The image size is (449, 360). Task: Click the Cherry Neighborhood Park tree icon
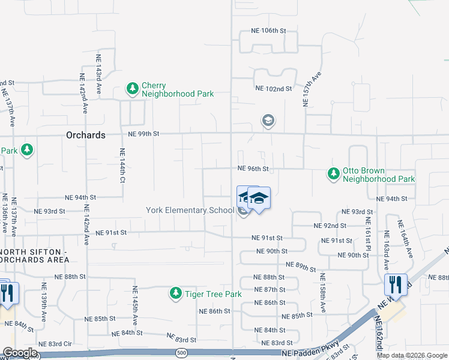132,89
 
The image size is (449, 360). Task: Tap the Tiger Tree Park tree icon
175,294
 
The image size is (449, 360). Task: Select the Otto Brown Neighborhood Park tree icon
333,175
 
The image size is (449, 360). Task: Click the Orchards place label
85,135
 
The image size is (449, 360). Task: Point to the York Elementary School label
190,210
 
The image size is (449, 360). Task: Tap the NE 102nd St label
273,88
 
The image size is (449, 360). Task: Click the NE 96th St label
252,169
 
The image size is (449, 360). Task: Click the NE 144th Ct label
122,166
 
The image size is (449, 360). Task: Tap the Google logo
19,353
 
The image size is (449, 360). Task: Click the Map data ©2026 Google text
411,355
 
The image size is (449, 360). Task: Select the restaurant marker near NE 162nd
396,284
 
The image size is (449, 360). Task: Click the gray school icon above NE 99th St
268,121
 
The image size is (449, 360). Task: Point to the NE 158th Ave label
322,293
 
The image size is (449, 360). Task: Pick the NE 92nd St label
330,226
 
